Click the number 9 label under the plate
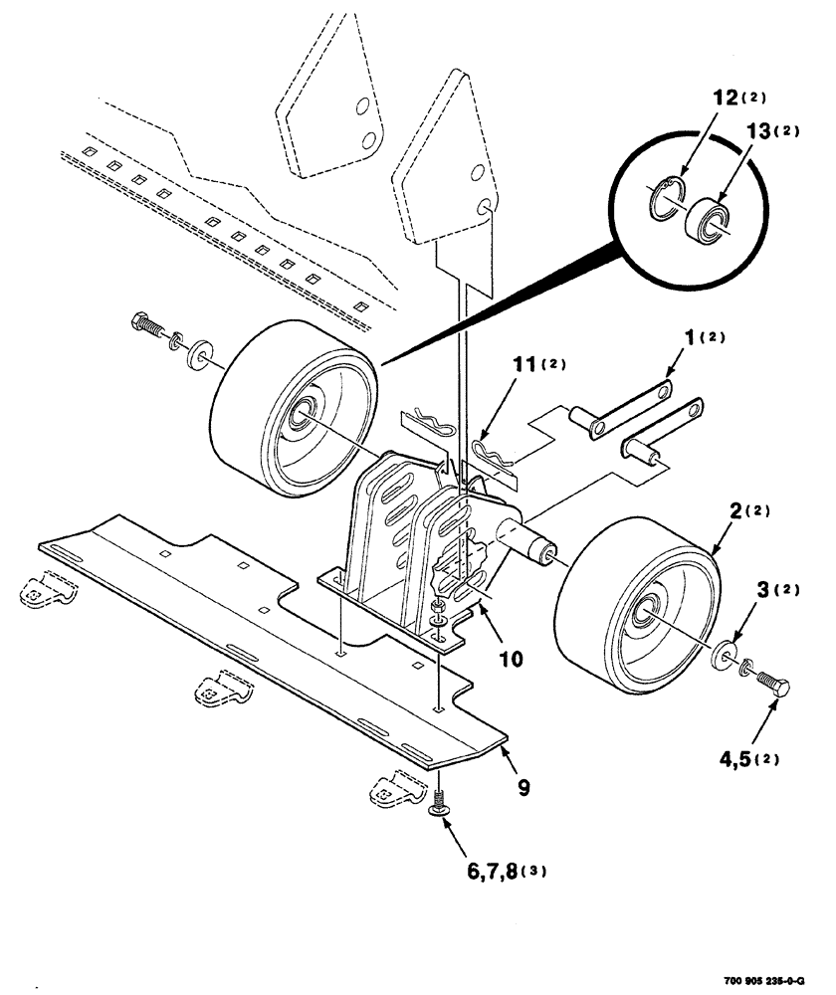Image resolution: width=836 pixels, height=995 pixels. [x=522, y=787]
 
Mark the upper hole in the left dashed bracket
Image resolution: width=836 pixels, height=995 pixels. [x=365, y=103]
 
